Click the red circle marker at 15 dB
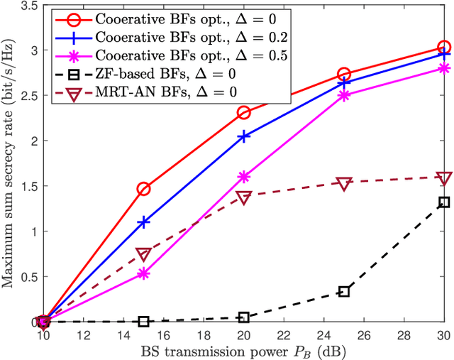(x=143, y=189)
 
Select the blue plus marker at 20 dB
(x=243, y=136)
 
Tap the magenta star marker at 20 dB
(x=243, y=177)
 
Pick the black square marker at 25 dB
(x=344, y=291)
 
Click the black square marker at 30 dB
(x=444, y=202)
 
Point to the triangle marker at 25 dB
(x=344, y=183)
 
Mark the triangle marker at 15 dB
(x=143, y=254)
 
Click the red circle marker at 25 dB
(x=344, y=74)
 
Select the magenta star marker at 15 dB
(x=143, y=273)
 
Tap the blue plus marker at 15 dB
(x=143, y=222)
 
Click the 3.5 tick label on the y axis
(x=28, y=5)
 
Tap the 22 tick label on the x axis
(x=284, y=334)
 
